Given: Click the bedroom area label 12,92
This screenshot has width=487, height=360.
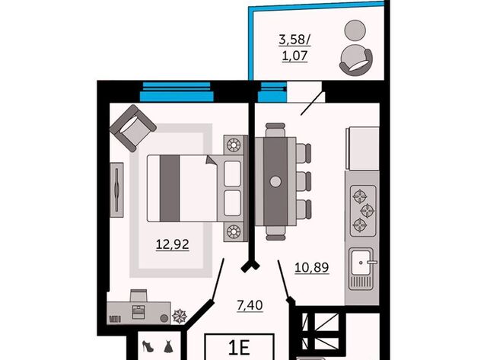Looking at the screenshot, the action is point(173,244).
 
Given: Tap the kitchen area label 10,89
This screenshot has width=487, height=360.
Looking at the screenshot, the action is point(311,267).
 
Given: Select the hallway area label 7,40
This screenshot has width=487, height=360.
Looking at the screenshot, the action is point(250,306).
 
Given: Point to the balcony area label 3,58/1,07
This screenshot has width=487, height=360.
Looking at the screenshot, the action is point(294,48).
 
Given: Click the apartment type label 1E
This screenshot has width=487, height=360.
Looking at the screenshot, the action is point(239,348).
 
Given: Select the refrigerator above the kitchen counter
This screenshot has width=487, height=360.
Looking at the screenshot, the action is point(362,148).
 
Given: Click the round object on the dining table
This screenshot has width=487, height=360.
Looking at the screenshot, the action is point(275,181).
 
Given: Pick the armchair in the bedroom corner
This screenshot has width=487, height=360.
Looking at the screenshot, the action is point(132,128).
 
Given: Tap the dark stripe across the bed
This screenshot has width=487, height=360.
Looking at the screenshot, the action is point(170,188).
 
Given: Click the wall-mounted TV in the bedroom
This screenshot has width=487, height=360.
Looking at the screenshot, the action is point(116,190).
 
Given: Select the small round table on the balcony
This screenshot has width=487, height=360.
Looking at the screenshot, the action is point(355,30).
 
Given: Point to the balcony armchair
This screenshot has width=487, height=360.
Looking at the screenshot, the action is point(356,60).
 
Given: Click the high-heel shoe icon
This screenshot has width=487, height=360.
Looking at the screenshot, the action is point(148,346).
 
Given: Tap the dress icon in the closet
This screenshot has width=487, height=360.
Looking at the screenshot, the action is point(168,346).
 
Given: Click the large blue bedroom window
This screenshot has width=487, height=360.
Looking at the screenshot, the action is point(177,92).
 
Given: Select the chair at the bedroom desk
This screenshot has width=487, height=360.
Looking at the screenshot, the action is point(138,295).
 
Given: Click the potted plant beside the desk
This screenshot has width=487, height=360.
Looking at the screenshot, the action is point(180,316).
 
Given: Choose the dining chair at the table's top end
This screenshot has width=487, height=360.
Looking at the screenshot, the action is point(275,129).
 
